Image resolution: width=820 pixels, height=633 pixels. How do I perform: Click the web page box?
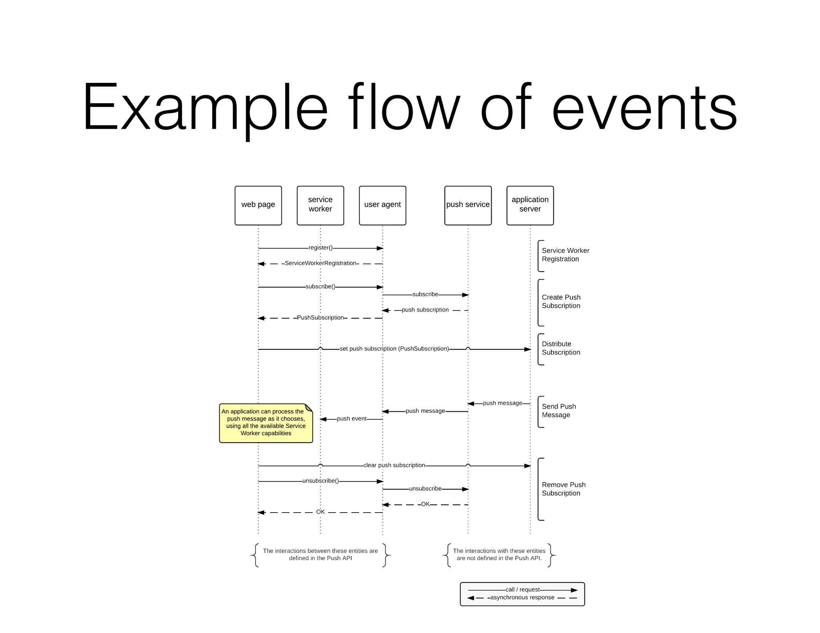258,205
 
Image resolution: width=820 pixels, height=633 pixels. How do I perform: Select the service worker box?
320,205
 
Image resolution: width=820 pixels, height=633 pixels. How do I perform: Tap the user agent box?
382,205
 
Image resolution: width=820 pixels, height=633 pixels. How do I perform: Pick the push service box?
468,205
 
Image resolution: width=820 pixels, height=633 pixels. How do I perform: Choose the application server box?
530,205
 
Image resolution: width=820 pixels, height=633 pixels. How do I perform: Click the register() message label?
320,248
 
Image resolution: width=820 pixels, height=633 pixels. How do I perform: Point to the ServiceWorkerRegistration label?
320,263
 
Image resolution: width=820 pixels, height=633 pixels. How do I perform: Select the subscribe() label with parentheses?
320,286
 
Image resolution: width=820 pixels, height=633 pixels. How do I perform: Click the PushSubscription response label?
320,318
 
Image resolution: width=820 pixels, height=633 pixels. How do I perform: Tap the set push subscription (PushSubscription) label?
394,349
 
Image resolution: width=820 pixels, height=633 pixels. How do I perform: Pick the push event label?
352,419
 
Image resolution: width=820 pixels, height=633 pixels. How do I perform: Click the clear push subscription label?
394,465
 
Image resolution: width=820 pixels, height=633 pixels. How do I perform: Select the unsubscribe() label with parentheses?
320,481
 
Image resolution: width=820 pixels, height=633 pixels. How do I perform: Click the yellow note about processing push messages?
266,423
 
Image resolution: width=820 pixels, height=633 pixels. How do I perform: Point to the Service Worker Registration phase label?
565,255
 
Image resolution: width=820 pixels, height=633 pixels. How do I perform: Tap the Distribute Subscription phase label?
561,348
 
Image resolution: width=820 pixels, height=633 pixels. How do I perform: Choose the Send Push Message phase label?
559,411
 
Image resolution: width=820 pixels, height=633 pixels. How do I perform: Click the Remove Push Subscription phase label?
563,489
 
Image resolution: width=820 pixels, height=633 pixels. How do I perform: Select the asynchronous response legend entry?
522,598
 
